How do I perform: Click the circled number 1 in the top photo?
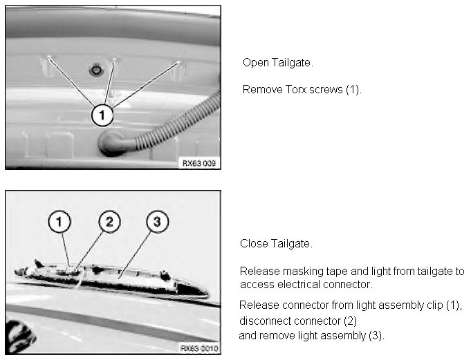pos(102,115)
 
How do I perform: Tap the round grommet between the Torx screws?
pos(96,70)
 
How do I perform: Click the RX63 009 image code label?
pos(199,163)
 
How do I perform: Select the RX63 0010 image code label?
pos(199,348)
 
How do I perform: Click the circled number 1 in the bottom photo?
pos(59,222)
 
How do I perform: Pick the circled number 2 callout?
pos(109,222)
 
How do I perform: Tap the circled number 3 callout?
pos(158,222)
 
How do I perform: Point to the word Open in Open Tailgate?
pos(256,63)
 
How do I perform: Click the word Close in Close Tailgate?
pos(254,243)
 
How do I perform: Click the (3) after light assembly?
pos(376,335)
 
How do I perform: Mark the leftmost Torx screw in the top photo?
pos(49,57)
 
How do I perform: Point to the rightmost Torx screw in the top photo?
pos(178,63)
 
